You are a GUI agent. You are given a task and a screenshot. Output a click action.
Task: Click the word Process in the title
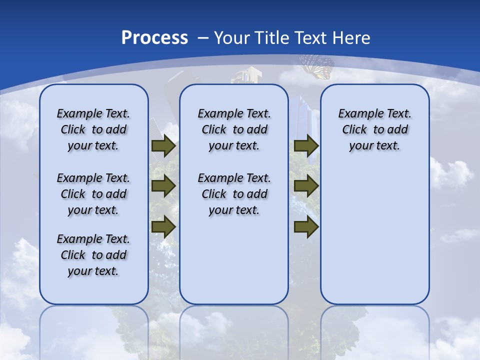pos(154,38)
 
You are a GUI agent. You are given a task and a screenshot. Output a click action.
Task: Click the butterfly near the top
pos(317,66)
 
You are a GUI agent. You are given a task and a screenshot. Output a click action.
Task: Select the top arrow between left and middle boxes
pos(163,146)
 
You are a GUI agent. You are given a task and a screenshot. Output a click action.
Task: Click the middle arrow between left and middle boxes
pos(163,186)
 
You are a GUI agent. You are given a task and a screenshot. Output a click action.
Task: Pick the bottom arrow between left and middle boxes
pos(163,227)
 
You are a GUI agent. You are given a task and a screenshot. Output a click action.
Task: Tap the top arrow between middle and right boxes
pos(306,146)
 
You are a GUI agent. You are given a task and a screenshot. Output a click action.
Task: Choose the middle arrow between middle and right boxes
pos(306,186)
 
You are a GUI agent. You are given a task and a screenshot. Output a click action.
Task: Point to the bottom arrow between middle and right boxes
pos(306,227)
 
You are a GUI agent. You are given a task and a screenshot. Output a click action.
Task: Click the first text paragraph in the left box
pos(93,129)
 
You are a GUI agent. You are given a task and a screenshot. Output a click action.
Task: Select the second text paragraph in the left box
pos(93,194)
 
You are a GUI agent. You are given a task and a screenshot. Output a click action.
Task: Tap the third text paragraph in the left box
pos(93,255)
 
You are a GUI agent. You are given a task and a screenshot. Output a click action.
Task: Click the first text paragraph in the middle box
pos(234,129)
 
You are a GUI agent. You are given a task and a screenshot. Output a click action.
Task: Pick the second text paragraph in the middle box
pos(234,194)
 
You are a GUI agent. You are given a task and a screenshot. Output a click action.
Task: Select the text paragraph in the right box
pos(374,129)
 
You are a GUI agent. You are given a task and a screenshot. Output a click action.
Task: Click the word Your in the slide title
pos(232,38)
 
